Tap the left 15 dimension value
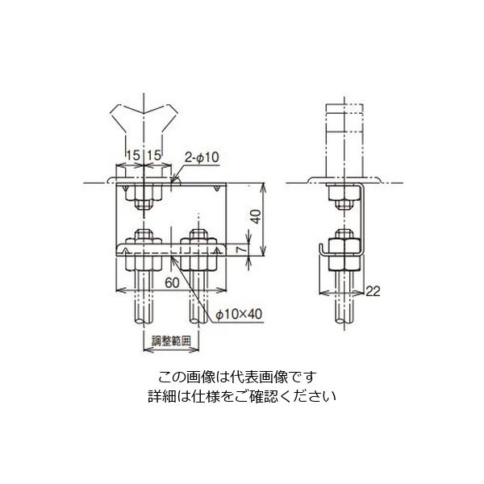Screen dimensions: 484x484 tap(131, 154)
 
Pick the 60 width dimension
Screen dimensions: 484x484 tap(172, 283)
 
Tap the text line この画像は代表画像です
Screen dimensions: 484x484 tap(238, 377)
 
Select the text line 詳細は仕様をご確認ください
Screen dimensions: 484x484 tap(240, 396)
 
